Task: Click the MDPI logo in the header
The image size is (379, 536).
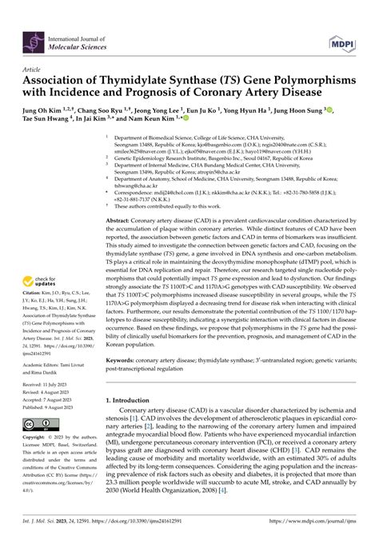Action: [344, 38]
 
